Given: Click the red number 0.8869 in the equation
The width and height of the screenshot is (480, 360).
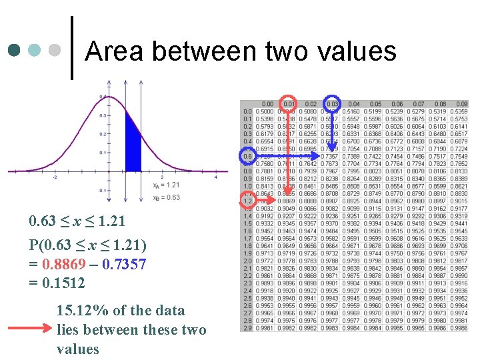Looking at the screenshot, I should (63, 264).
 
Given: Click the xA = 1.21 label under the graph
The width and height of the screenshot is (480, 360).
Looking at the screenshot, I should (166, 184).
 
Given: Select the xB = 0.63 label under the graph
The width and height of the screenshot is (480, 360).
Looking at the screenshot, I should (166, 197).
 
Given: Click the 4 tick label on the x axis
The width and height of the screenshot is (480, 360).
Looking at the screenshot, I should (216, 177).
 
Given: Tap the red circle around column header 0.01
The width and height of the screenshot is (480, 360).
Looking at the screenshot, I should (289, 103).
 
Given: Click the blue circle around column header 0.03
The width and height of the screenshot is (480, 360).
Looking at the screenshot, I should (333, 103).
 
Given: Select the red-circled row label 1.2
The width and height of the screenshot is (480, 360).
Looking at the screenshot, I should (247, 200).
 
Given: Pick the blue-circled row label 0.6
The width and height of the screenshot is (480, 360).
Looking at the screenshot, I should (247, 156).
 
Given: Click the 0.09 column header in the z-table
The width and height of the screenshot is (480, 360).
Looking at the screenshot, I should (460, 104).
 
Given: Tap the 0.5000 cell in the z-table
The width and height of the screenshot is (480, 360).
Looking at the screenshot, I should (267, 111).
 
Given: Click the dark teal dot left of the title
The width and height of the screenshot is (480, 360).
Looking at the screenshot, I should (15, 50).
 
